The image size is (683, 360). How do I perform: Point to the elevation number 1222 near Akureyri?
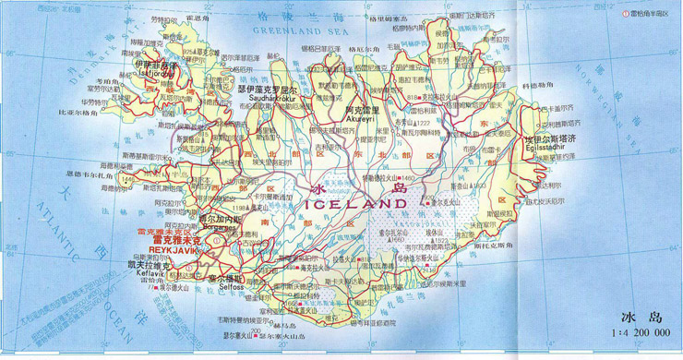[424, 124]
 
